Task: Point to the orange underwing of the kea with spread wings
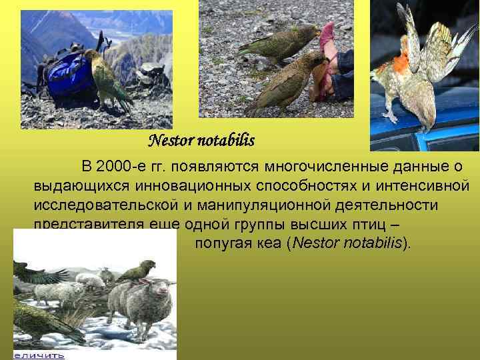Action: click(x=399, y=63)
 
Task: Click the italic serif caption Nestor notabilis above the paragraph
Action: click(x=201, y=141)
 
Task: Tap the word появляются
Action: click(x=222, y=165)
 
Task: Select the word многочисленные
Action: click(x=339, y=165)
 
